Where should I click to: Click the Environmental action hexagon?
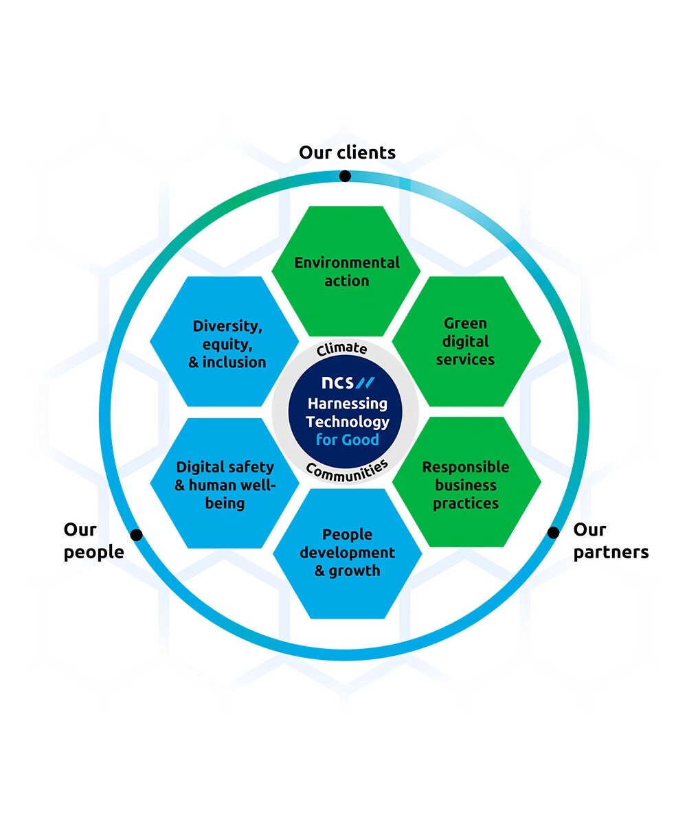[x=346, y=271]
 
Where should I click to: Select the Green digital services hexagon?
[x=466, y=341]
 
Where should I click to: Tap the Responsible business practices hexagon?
[x=466, y=484]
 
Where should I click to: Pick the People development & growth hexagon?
[x=347, y=553]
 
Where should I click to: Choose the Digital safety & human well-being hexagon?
[x=225, y=484]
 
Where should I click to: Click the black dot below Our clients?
[x=345, y=176]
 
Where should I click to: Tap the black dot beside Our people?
[x=136, y=534]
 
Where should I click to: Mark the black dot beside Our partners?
[x=553, y=532]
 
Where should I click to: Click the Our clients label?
[x=347, y=152]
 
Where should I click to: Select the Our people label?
[x=93, y=540]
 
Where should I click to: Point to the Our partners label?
[x=611, y=540]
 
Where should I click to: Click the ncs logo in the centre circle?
[x=348, y=382]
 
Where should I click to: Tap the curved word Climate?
[x=342, y=349]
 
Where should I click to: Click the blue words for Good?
[x=347, y=439]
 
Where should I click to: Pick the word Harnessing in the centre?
[x=347, y=404]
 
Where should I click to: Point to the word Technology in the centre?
[x=347, y=422]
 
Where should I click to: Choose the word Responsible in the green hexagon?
[x=465, y=467]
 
